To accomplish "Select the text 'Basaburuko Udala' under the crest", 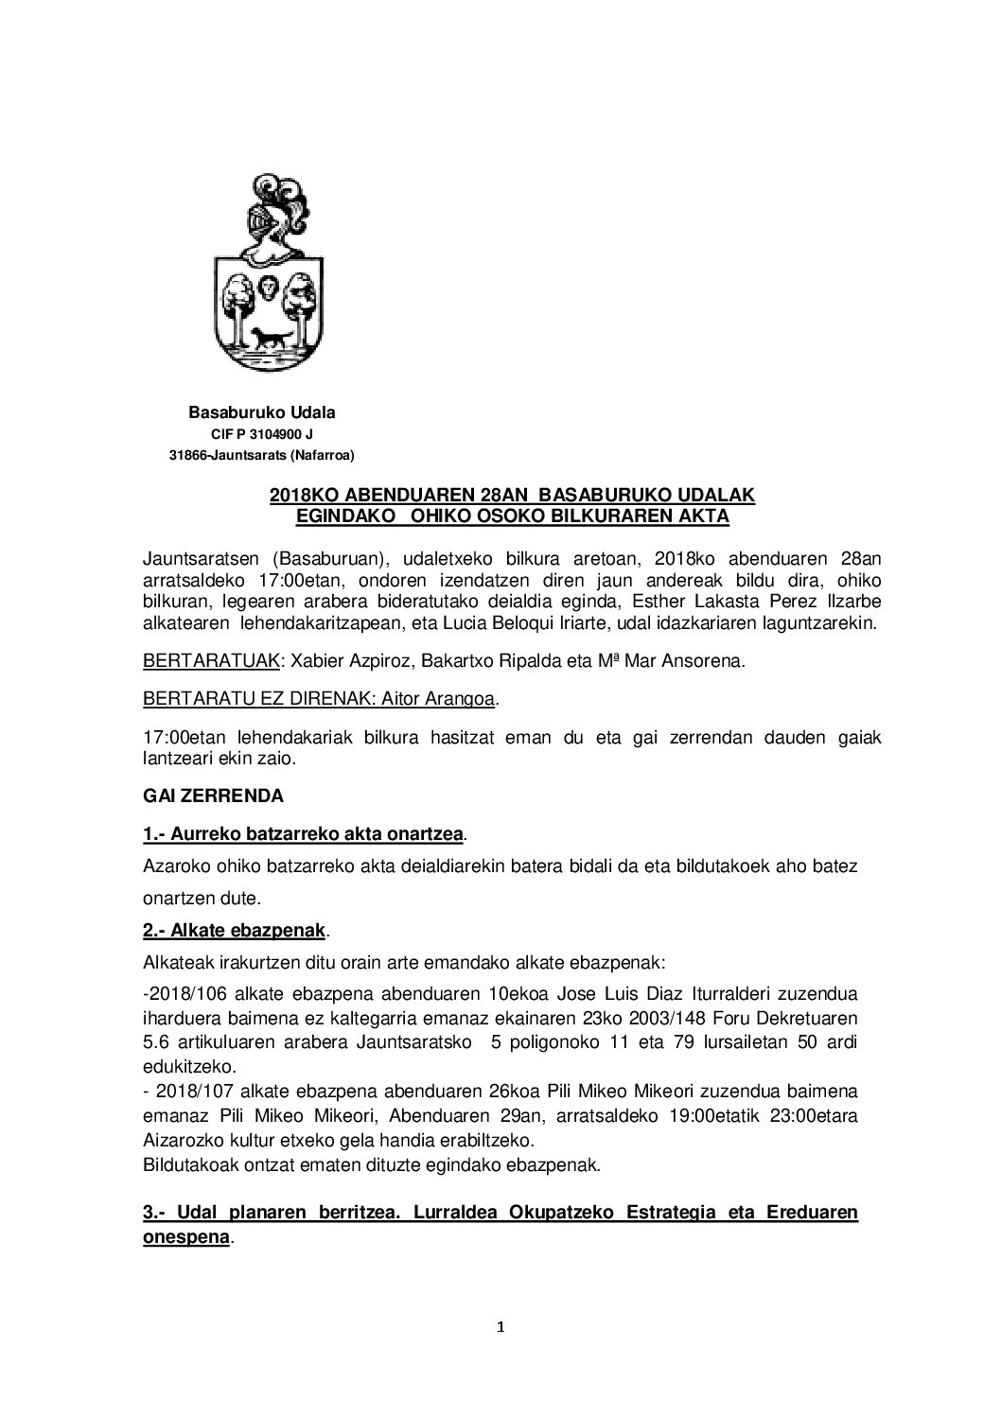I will (x=262, y=412).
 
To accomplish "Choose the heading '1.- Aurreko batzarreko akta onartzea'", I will (x=303, y=835).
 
